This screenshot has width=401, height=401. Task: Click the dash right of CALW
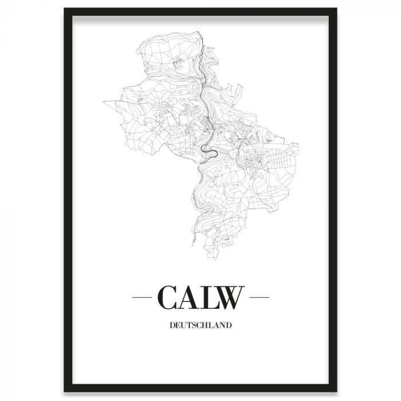point(260,298)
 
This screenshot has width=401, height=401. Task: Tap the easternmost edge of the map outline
point(299,146)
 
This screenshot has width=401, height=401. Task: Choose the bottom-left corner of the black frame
point(65,391)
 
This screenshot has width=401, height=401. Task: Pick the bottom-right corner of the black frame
point(336,391)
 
